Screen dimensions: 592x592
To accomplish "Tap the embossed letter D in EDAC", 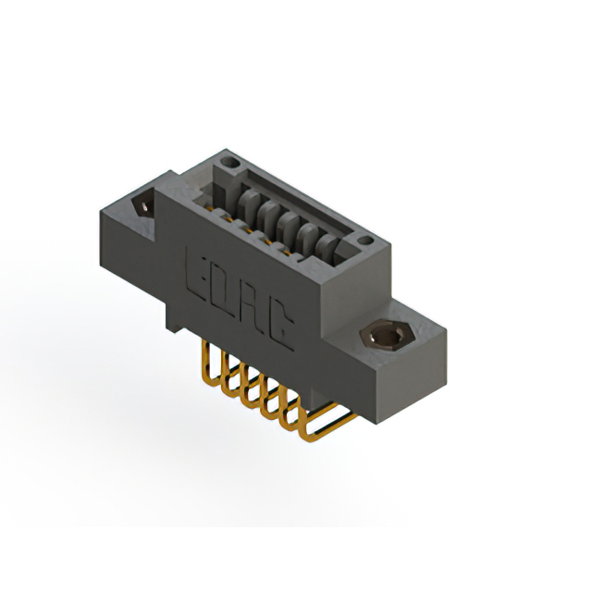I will pos(225,289).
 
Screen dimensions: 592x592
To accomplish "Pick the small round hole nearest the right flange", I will pos(366,241).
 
